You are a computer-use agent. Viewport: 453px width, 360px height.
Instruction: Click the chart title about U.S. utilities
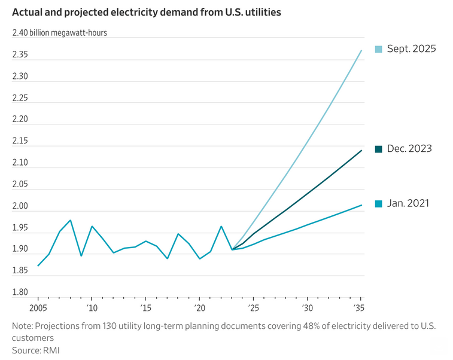pyautogui.click(x=147, y=13)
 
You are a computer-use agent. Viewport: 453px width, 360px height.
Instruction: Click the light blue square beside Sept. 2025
pyautogui.click(x=378, y=49)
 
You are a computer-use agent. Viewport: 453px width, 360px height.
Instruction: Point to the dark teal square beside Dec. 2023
pyautogui.click(x=378, y=148)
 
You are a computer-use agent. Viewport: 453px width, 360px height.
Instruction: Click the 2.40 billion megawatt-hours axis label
pyautogui.click(x=60, y=33)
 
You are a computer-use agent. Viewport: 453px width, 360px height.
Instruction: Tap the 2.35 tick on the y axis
pyautogui.click(x=21, y=55)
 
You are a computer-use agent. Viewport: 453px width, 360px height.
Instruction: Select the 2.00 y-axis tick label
pyautogui.click(x=21, y=206)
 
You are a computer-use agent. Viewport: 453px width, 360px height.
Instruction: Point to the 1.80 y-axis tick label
pyautogui.click(x=21, y=292)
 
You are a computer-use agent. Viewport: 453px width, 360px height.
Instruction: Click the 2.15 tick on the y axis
pyautogui.click(x=21, y=141)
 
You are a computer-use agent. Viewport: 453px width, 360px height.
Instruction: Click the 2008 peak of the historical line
pyautogui.click(x=71, y=220)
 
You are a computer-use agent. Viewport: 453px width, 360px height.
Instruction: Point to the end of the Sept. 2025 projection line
pyautogui.click(x=361, y=50)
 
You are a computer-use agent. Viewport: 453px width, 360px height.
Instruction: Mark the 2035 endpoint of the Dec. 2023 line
pyautogui.click(x=361, y=150)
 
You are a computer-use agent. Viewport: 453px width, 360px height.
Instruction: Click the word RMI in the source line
pyautogui.click(x=51, y=350)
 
